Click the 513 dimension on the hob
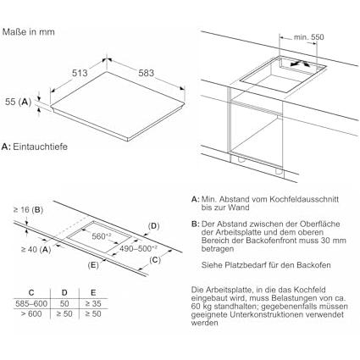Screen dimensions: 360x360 (x=80, y=73)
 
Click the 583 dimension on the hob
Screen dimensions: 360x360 (x=146, y=73)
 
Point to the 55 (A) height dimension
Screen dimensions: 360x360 (x=19, y=102)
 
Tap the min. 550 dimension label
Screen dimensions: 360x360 (x=308, y=37)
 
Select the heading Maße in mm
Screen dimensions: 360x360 (x=29, y=32)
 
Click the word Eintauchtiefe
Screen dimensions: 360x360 (x=41, y=147)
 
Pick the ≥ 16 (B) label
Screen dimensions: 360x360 (x=28, y=210)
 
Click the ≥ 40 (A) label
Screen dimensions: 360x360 (x=36, y=249)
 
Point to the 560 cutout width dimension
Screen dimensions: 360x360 (x=102, y=236)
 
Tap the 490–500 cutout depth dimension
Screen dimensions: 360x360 (x=138, y=249)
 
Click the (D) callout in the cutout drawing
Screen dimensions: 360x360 (x=153, y=226)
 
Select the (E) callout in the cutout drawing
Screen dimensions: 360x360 (x=93, y=265)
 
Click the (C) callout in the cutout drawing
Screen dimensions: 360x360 (x=155, y=260)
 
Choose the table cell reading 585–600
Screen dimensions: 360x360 (x=31, y=304)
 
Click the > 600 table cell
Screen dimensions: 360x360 (x=31, y=314)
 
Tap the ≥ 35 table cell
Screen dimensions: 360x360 (x=93, y=304)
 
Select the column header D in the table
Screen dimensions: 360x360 (x=64, y=292)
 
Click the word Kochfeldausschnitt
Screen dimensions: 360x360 (x=304, y=199)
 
